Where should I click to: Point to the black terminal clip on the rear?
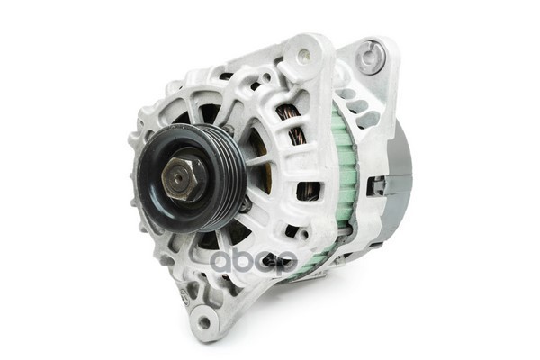378,185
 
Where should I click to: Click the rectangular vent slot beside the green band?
308,191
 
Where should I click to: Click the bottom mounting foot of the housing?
202,315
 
